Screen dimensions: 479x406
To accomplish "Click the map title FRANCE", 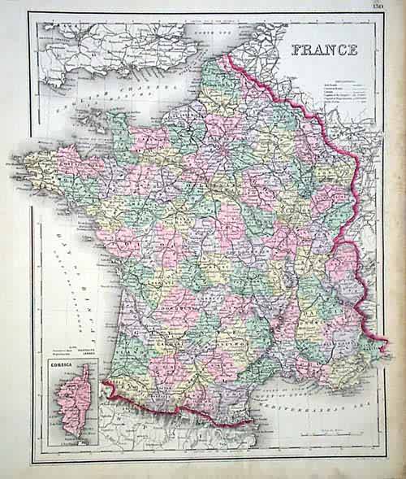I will click(324, 49).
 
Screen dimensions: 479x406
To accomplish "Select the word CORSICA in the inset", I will click(60, 365).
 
